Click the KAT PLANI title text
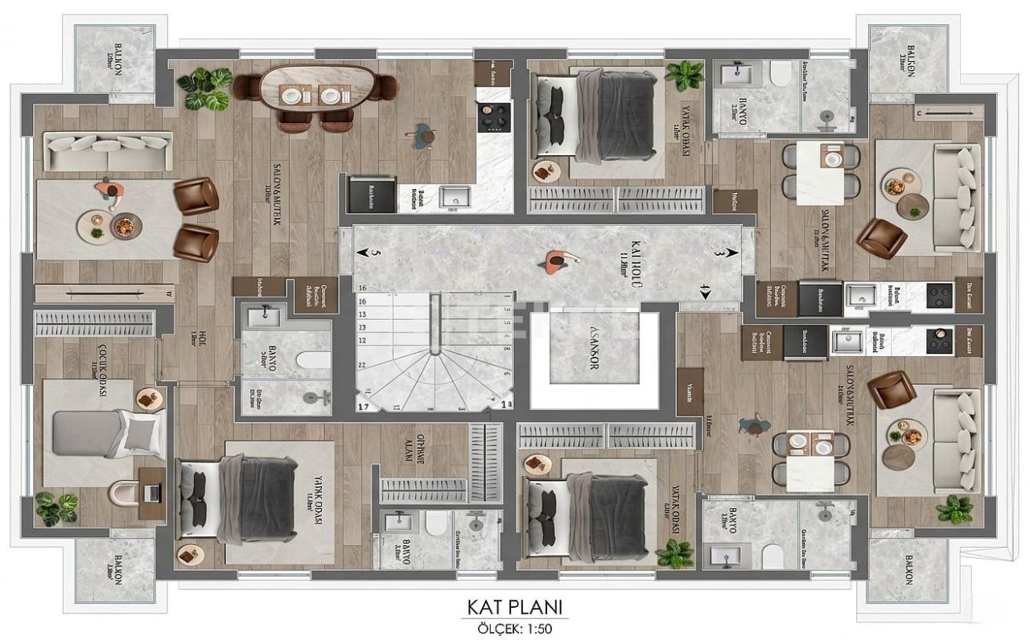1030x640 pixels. (x=514, y=605)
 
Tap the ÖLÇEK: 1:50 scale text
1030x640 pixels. (x=514, y=626)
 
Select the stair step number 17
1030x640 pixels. (x=364, y=406)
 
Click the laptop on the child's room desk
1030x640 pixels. (x=150, y=490)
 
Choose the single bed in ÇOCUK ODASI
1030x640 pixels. (x=101, y=434)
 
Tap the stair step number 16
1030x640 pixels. (x=362, y=287)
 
